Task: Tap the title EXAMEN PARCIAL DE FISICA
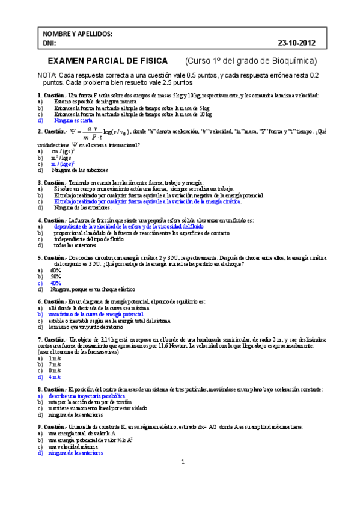111,61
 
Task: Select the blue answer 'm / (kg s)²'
62,164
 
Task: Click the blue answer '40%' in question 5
56,283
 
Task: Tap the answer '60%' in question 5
56,271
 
